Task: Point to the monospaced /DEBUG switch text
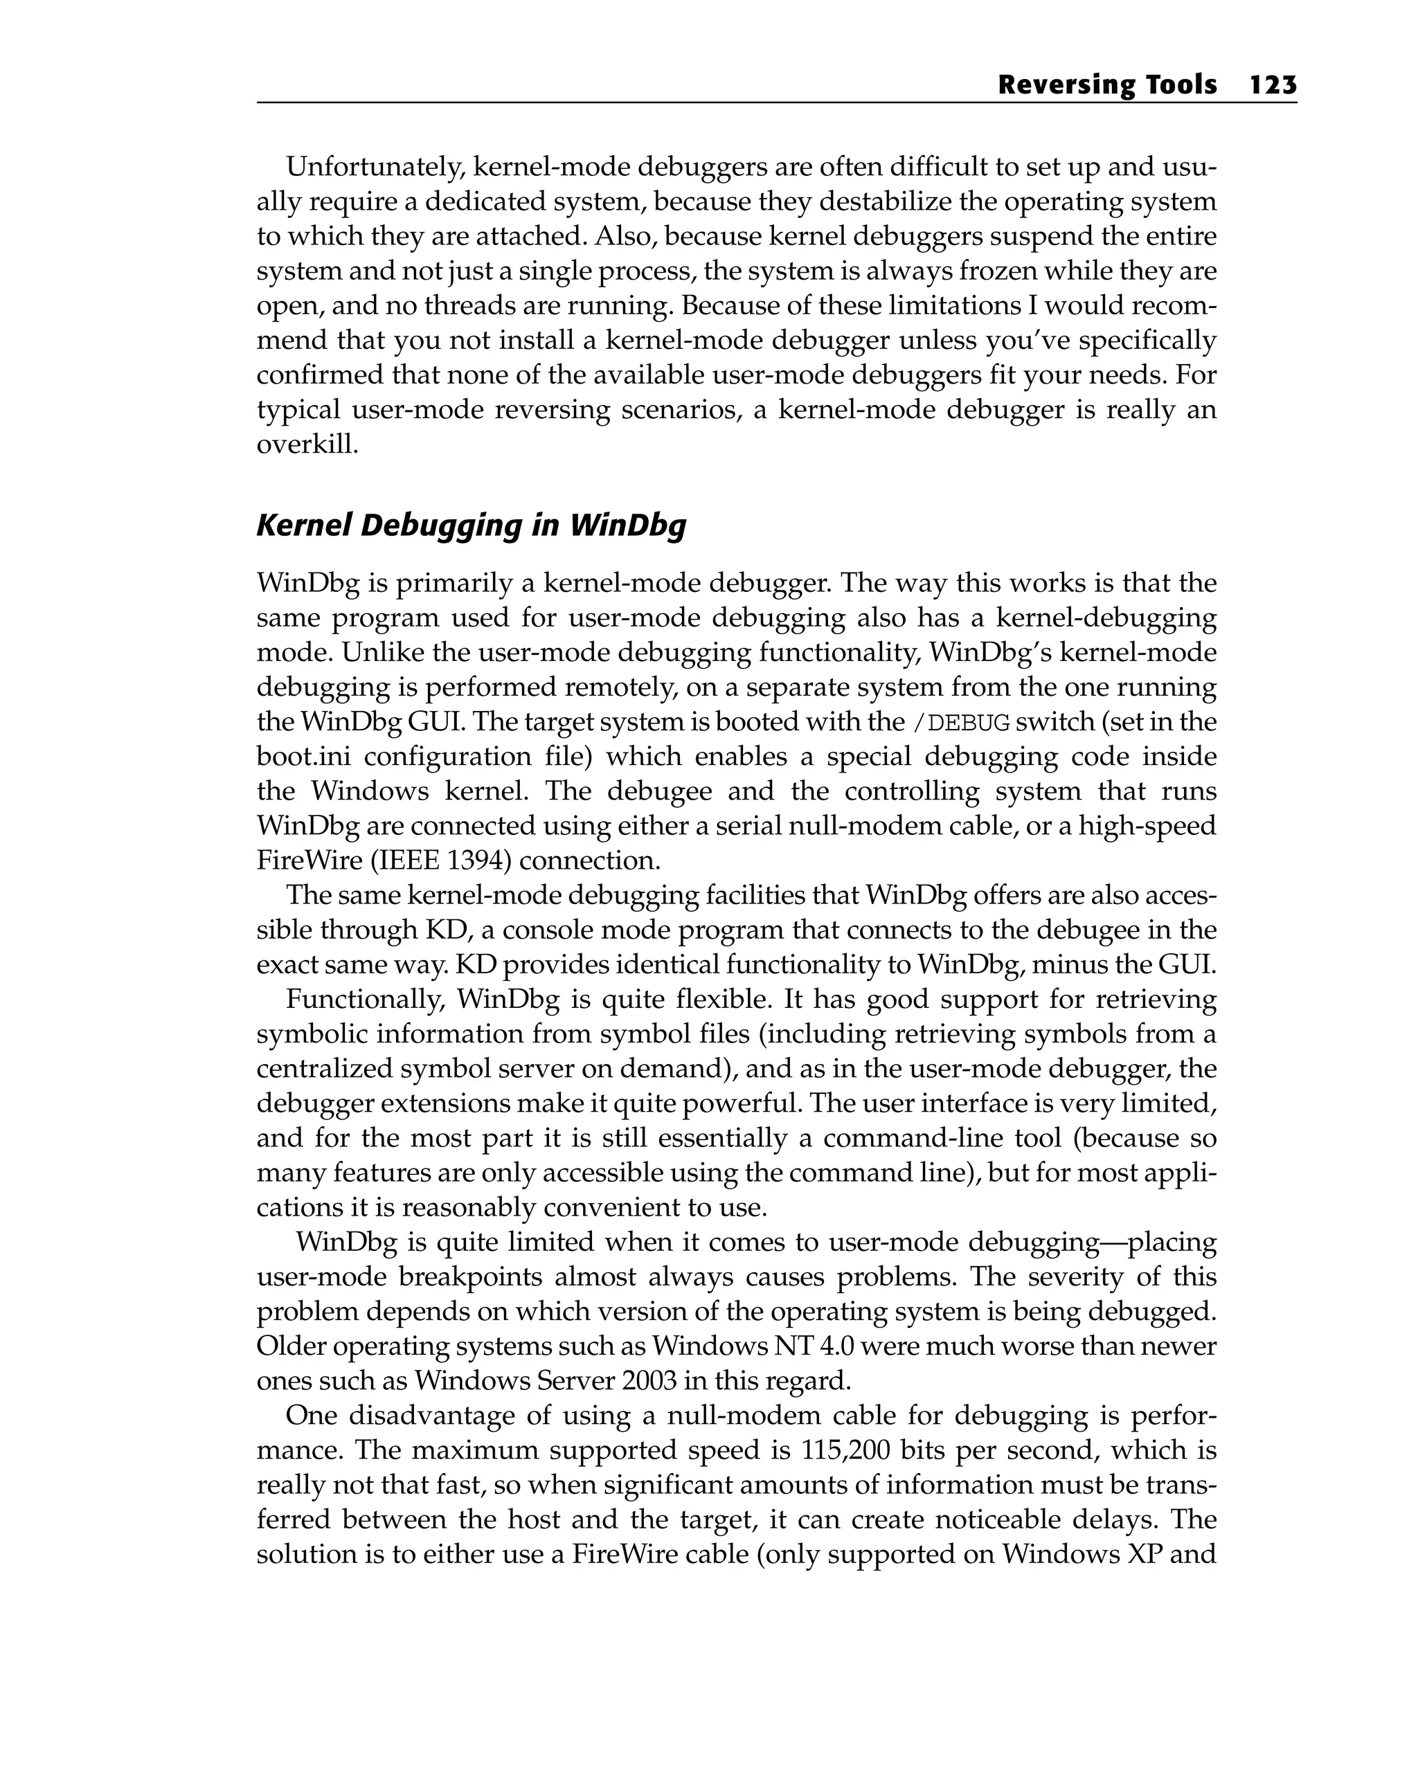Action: point(961,723)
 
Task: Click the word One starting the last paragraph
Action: point(310,1415)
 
